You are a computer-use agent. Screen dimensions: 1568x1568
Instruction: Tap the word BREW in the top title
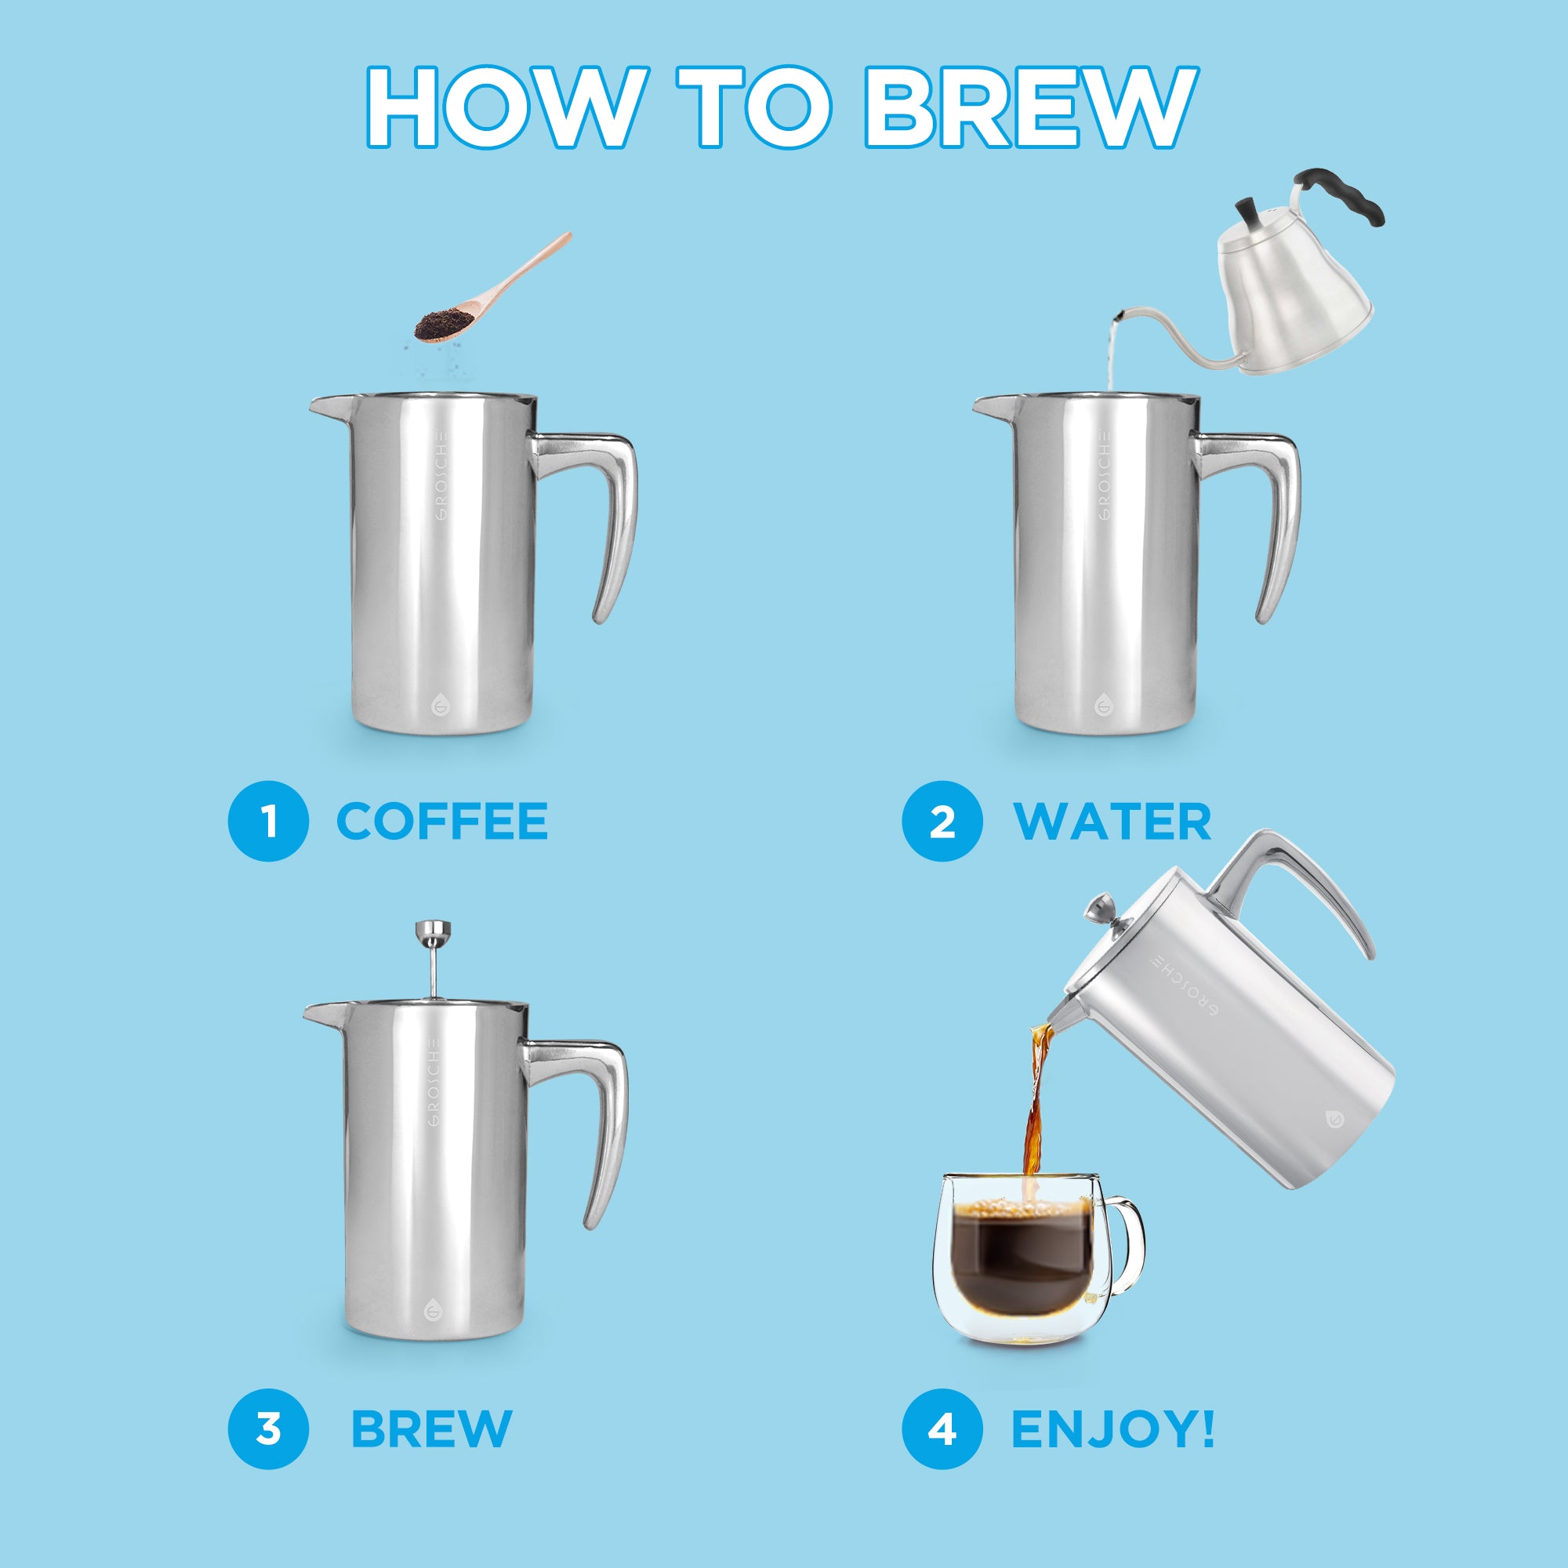(1029, 107)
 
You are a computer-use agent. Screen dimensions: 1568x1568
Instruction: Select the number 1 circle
(268, 822)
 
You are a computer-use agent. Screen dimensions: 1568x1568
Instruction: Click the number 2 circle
(942, 822)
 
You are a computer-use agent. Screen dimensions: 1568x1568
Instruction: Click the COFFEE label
(442, 822)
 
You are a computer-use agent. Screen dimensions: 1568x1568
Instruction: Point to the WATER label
(1112, 822)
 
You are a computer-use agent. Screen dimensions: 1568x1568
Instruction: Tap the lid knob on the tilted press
(1103, 905)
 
